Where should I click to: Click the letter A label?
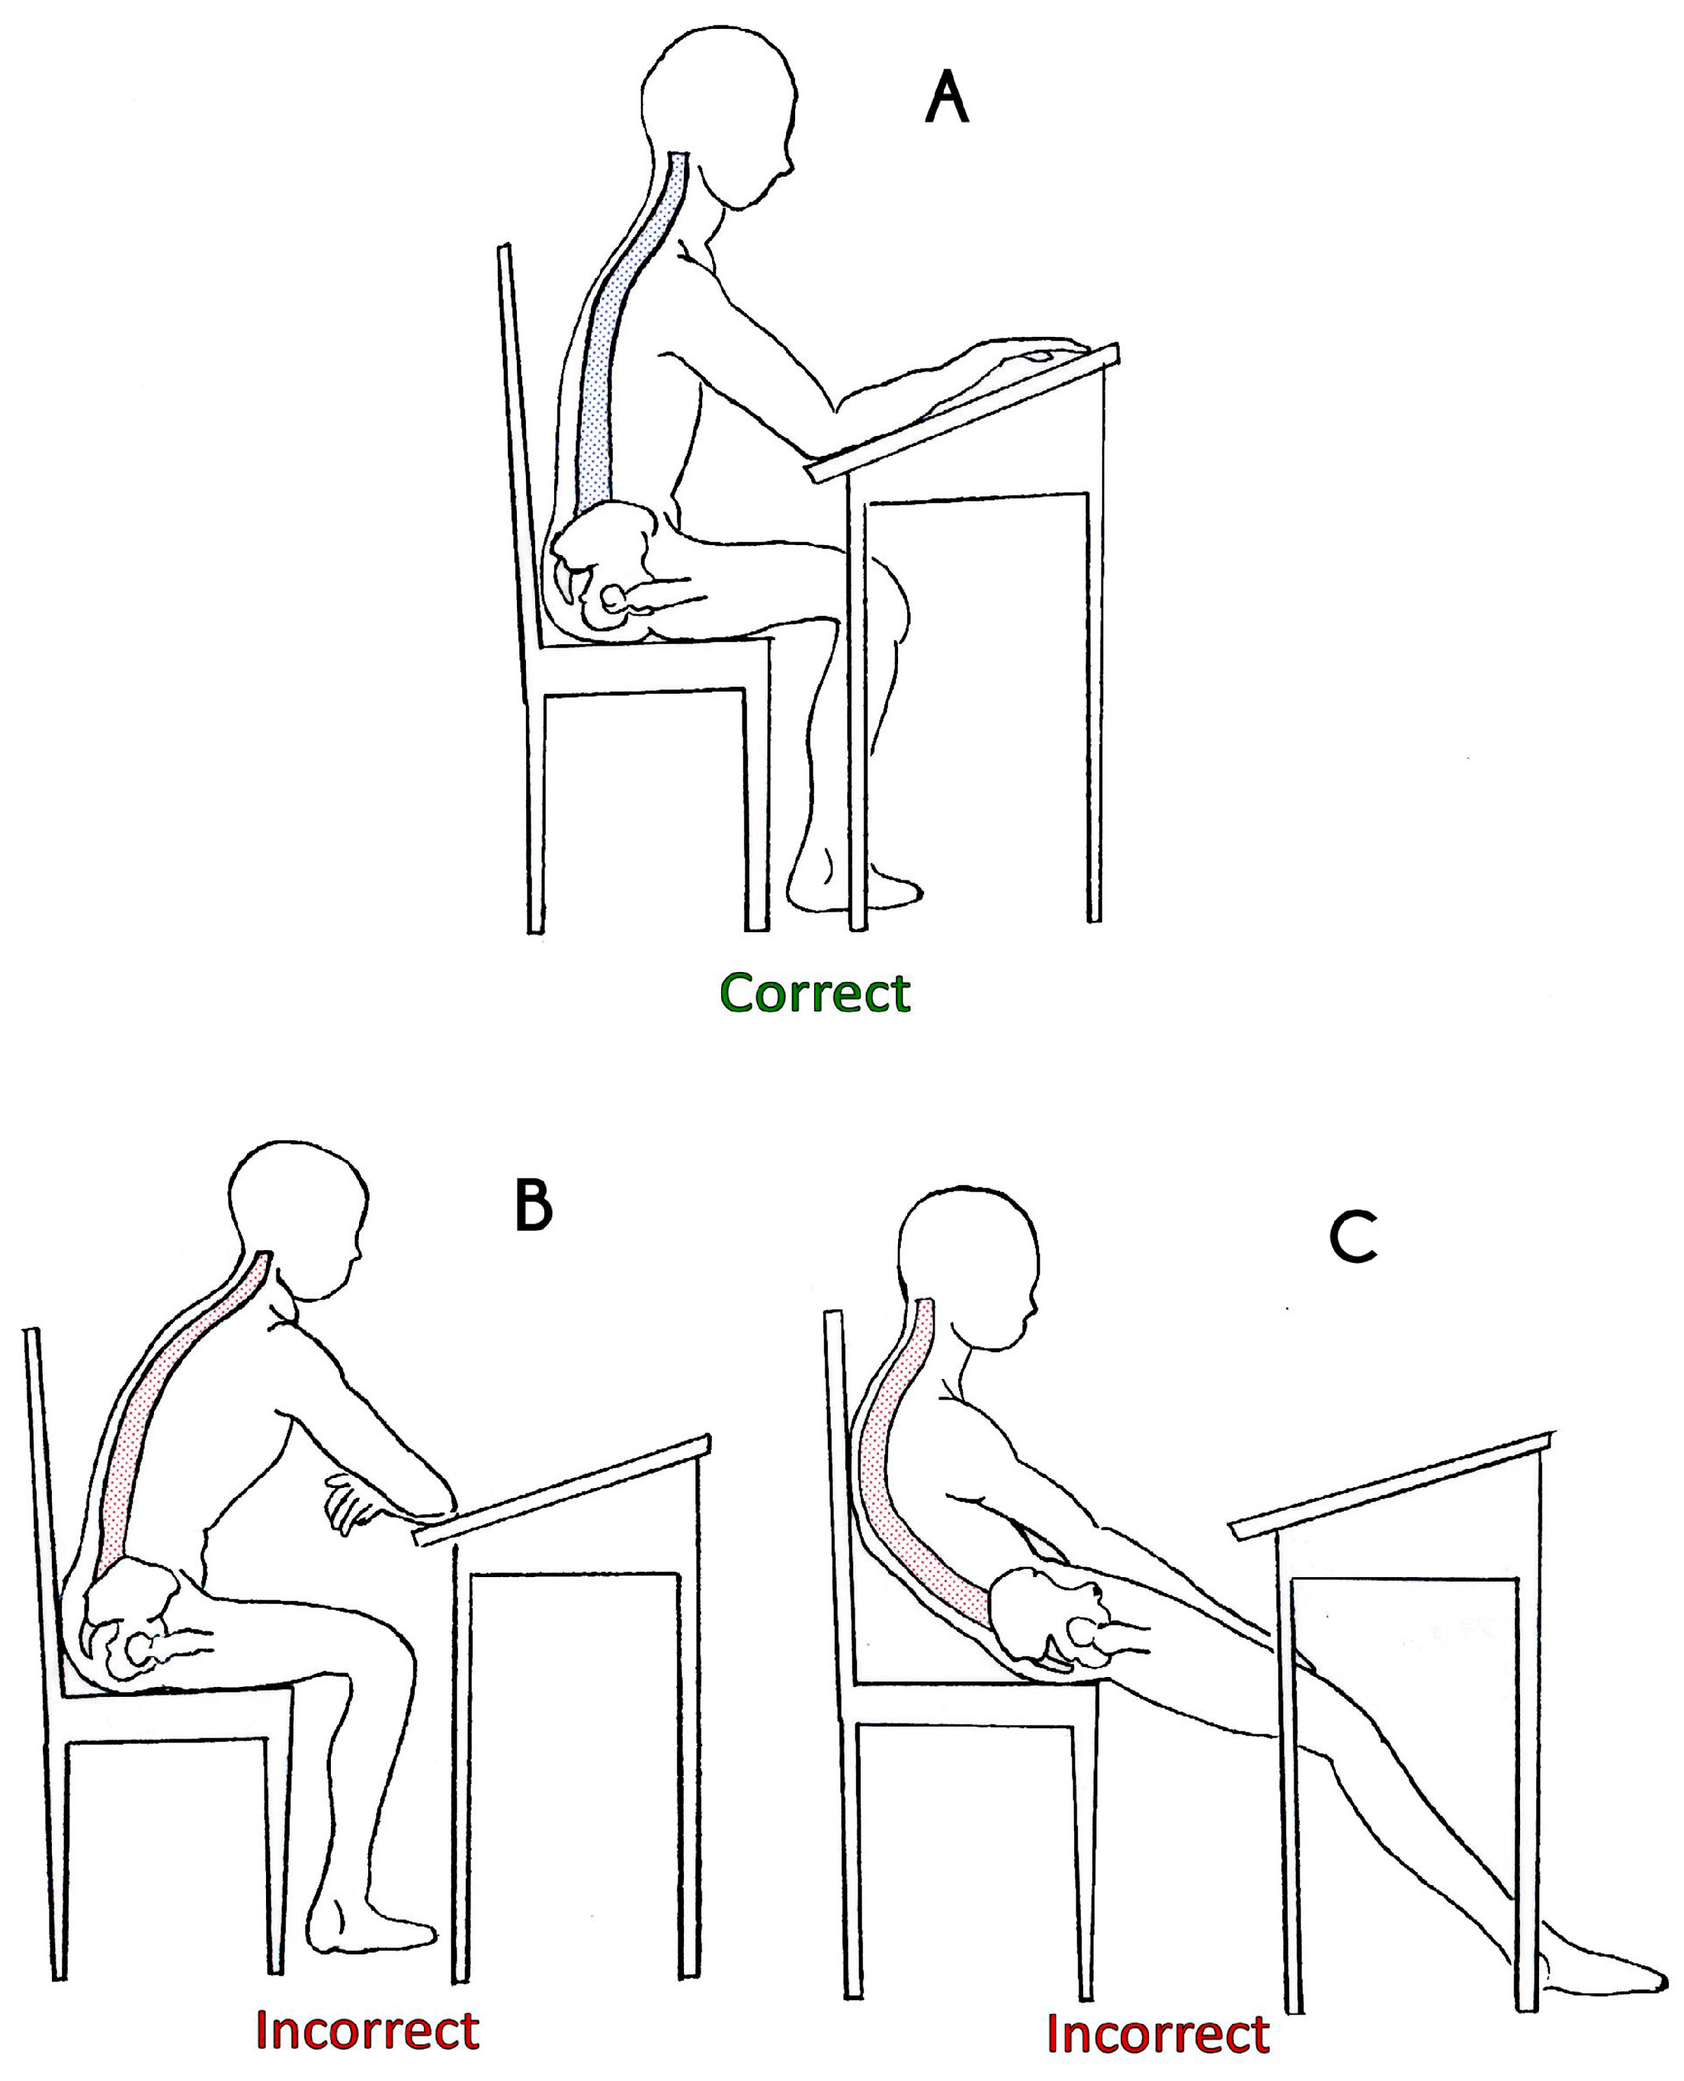(x=947, y=100)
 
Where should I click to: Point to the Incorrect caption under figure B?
(x=367, y=2030)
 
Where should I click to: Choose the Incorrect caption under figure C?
(x=1158, y=2034)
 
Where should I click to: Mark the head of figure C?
(x=968, y=1265)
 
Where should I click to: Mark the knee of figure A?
(x=887, y=596)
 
